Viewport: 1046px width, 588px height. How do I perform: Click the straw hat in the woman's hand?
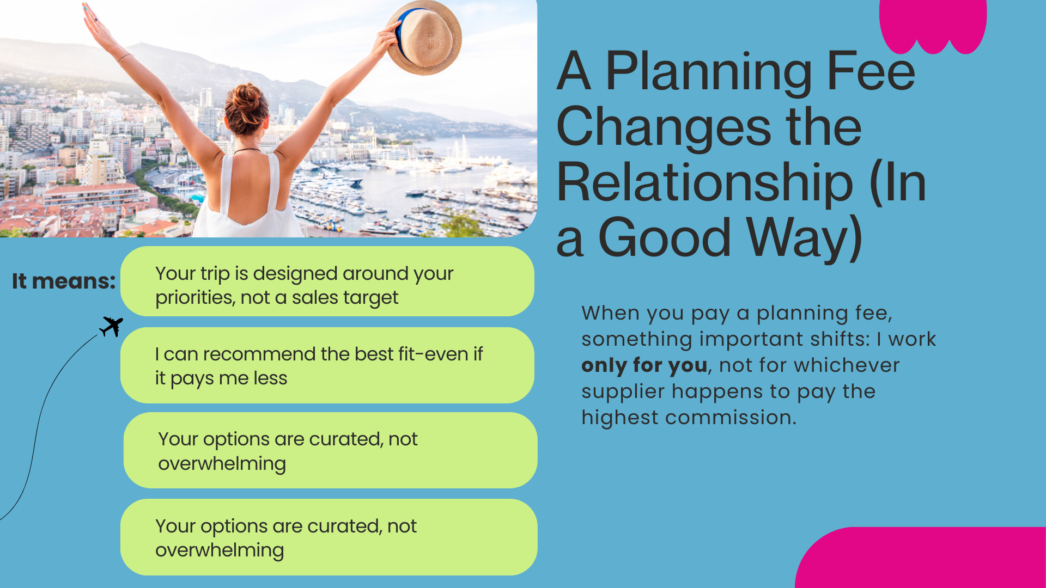(x=424, y=37)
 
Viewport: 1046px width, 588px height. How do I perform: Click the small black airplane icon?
(x=111, y=326)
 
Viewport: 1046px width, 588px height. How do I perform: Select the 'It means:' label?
(x=64, y=281)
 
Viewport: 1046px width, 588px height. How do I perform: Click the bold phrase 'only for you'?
(x=644, y=365)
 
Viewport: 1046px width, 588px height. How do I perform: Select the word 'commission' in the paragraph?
(x=728, y=418)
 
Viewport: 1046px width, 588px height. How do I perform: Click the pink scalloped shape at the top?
(x=933, y=26)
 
